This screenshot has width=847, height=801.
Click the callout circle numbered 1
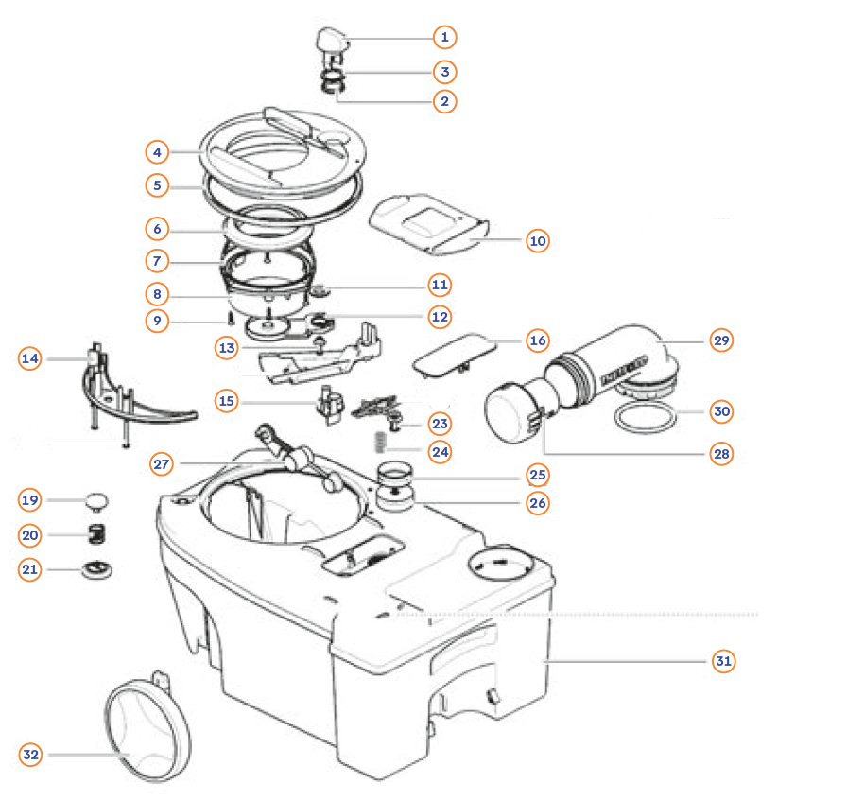point(443,38)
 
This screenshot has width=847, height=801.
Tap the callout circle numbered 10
point(538,241)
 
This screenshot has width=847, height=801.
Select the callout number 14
point(31,358)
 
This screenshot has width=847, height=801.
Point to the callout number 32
point(31,754)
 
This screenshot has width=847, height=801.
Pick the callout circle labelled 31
point(723,661)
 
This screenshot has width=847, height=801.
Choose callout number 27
point(164,463)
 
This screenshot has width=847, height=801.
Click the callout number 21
point(31,569)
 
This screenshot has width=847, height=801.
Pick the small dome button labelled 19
point(96,497)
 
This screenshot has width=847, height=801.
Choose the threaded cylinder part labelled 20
point(95,535)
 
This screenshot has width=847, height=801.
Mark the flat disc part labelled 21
point(95,569)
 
